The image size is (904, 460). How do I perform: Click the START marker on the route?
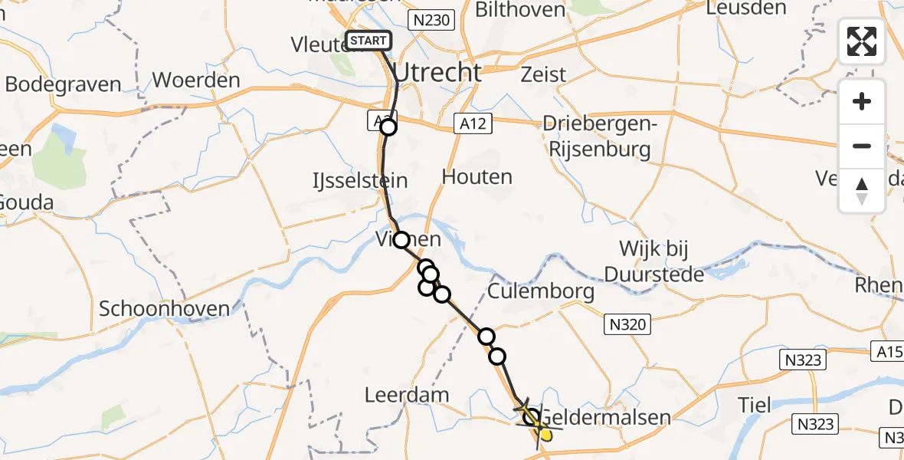click(x=369, y=41)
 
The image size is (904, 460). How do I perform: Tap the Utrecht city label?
click(x=437, y=73)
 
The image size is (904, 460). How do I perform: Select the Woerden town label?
click(x=196, y=80)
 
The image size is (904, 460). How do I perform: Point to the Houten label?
click(x=477, y=177)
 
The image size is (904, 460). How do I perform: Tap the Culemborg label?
click(x=541, y=291)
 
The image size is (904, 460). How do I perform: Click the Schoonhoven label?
click(x=165, y=309)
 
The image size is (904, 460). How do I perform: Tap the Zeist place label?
click(x=543, y=75)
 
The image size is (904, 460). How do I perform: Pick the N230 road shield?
click(x=432, y=21)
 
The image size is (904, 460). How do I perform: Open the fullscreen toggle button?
click(x=862, y=41)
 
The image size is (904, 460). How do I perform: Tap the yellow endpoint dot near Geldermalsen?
click(x=545, y=435)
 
